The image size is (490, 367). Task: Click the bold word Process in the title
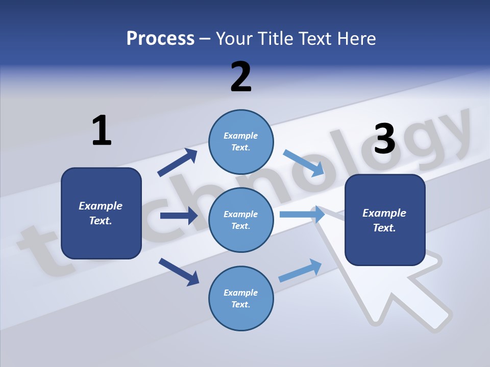pyautogui.click(x=160, y=38)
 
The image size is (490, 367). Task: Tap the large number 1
pyautogui.click(x=102, y=130)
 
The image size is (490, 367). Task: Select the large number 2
pyautogui.click(x=241, y=76)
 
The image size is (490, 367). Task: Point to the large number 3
pyautogui.click(x=384, y=139)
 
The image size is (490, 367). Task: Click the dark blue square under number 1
pyautogui.click(x=101, y=213)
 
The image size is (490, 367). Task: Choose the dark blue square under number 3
pyautogui.click(x=385, y=220)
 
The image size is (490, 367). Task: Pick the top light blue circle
pyautogui.click(x=241, y=142)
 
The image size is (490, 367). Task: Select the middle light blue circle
pyautogui.click(x=241, y=220)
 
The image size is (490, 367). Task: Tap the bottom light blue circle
pyautogui.click(x=241, y=298)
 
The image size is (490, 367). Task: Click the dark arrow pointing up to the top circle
pyautogui.click(x=177, y=163)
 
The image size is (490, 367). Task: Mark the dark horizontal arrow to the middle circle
pyautogui.click(x=179, y=216)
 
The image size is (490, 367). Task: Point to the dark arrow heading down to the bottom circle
pyautogui.click(x=179, y=271)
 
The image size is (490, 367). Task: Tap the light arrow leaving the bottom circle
pyautogui.click(x=300, y=270)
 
